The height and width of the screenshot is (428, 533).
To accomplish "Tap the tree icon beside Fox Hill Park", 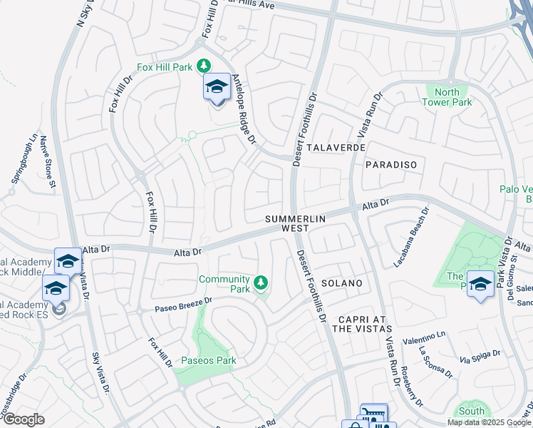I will [204, 66].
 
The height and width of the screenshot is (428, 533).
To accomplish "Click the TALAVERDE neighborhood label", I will [337, 147].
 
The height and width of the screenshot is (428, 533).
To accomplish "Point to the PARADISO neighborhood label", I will [390, 165].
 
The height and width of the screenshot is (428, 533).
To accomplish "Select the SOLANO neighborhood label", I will [342, 283].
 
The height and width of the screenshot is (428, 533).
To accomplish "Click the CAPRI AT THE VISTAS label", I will [362, 323].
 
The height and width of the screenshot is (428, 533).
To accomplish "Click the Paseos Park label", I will [208, 360].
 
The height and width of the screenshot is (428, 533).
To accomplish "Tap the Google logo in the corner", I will [24, 419].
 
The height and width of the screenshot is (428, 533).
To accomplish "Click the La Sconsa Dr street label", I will [435, 362].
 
